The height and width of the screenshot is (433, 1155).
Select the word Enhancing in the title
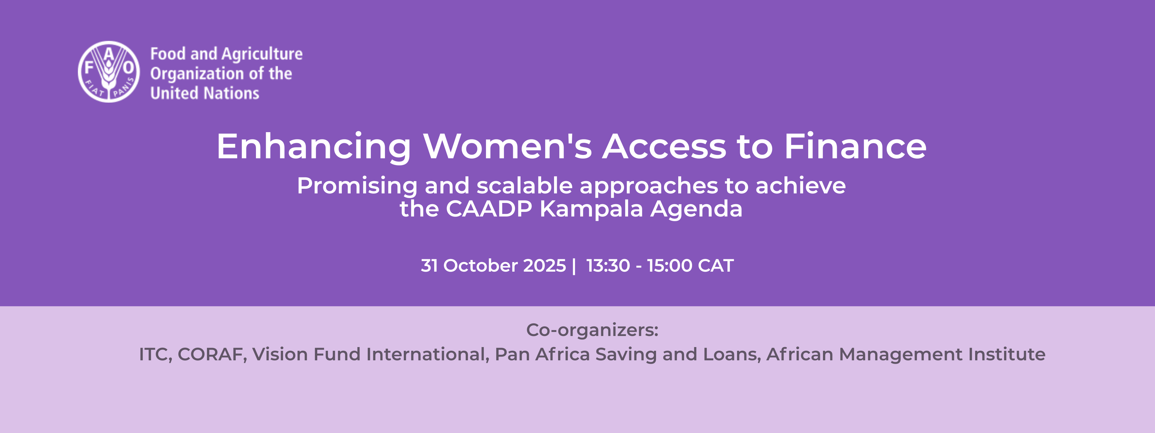tap(314, 147)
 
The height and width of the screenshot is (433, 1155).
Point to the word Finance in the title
tap(855, 147)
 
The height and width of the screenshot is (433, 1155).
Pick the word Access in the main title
tap(664, 147)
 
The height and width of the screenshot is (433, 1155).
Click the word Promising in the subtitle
tap(357, 186)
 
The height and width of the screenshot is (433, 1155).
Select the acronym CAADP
tap(489, 209)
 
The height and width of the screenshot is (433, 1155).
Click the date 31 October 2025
tap(493, 266)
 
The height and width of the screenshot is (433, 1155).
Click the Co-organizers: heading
tap(592, 330)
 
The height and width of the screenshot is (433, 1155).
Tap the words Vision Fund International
tap(370, 354)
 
